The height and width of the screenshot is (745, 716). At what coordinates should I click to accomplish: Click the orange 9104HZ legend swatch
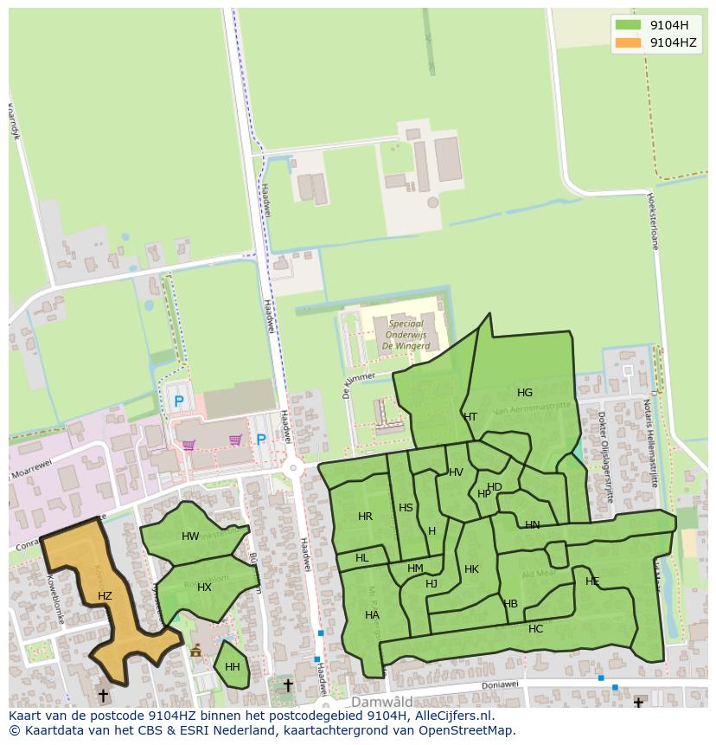[x=629, y=42]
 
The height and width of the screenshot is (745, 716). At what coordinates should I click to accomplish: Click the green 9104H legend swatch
[x=629, y=25]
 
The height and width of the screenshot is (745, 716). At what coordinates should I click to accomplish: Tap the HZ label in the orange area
[x=105, y=596]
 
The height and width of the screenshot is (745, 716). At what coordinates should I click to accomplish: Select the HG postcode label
[x=525, y=393]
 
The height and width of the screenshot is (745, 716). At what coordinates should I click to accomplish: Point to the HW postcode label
[x=190, y=536]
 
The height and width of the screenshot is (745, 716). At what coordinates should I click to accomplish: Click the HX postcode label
[x=204, y=588]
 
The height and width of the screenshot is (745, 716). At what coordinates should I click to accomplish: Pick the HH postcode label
[x=232, y=667]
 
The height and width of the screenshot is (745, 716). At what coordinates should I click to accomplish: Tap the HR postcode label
[x=365, y=517]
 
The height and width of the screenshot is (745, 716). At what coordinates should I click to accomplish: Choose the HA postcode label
[x=372, y=615]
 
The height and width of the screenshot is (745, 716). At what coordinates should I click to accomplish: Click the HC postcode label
[x=535, y=629]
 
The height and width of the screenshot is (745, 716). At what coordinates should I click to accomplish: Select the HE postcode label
[x=592, y=581]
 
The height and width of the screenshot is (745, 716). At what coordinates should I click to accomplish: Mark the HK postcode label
[x=471, y=569]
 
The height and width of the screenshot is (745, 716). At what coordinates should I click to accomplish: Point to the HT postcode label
[x=470, y=417]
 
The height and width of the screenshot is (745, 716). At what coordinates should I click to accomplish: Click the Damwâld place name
[x=381, y=702]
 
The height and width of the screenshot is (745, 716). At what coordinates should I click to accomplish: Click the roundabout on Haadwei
[x=294, y=468]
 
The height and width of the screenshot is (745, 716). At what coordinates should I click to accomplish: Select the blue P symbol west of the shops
[x=179, y=401]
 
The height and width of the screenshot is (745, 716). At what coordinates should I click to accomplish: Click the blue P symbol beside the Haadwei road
[x=260, y=440]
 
